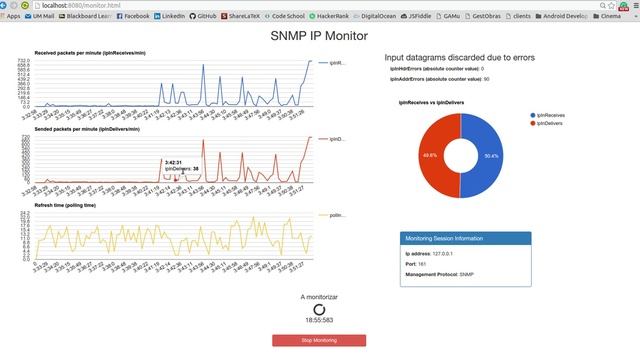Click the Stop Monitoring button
(x=319, y=340)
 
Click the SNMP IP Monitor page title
(x=319, y=35)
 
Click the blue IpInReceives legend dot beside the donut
(x=535, y=116)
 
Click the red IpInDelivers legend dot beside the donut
(x=535, y=125)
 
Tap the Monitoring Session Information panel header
(x=464, y=239)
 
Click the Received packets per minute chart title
(x=91, y=52)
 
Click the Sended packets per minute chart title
(x=89, y=131)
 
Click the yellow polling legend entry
(x=332, y=215)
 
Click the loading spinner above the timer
(x=319, y=310)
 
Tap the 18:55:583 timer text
(x=319, y=321)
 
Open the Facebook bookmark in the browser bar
(x=133, y=16)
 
